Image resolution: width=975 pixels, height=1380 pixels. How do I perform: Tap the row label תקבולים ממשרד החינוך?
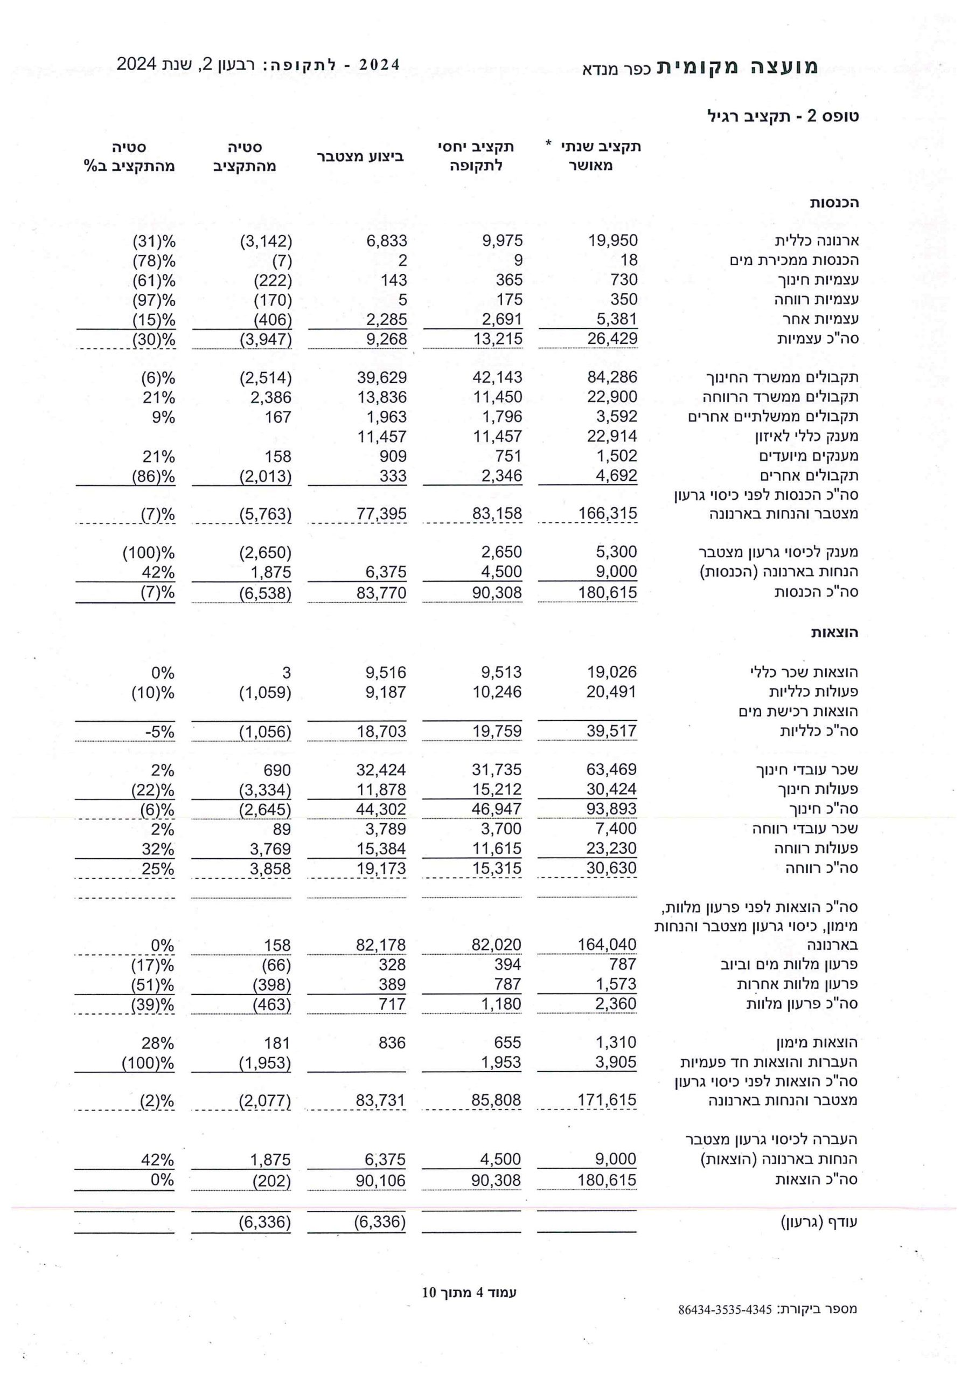coord(782,378)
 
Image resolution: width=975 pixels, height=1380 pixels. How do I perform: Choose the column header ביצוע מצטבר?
coord(360,157)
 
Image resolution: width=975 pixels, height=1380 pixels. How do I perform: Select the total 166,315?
coord(607,514)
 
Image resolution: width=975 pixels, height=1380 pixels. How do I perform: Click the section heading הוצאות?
coord(834,633)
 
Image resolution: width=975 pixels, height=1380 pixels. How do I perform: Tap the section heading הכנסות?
coord(834,203)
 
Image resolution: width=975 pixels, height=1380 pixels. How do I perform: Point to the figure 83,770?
coord(381,593)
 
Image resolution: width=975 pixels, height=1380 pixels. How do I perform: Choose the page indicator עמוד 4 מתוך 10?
coord(469,1292)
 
